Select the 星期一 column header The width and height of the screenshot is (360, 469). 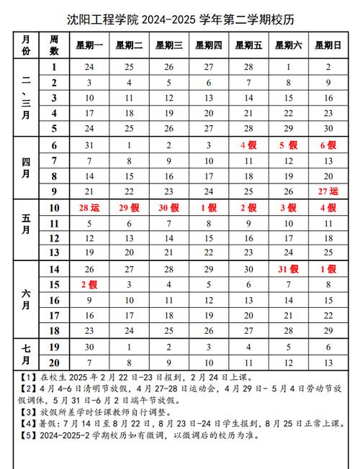click(x=89, y=45)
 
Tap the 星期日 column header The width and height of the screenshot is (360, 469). click(x=328, y=45)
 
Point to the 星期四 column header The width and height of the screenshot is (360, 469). click(x=208, y=45)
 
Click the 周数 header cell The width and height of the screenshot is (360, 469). click(x=54, y=45)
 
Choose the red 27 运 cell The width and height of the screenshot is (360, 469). click(x=328, y=191)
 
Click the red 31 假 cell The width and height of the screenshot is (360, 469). click(x=288, y=270)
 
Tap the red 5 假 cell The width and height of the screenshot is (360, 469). click(x=288, y=145)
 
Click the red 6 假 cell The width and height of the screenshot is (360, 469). click(x=328, y=145)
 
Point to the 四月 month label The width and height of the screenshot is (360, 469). click(x=26, y=168)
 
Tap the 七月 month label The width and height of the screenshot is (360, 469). click(x=26, y=353)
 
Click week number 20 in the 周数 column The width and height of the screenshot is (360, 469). click(x=54, y=362)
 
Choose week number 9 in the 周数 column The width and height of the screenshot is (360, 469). click(x=54, y=191)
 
